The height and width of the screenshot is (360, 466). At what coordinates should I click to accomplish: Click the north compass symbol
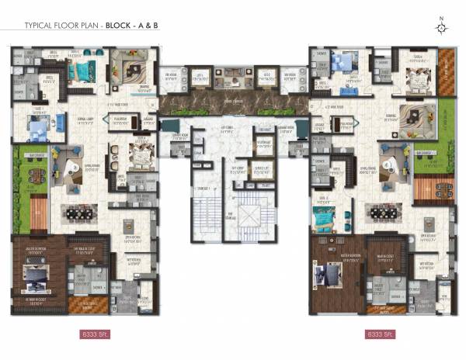tap(441, 28)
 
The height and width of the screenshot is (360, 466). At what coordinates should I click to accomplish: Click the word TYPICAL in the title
tap(40, 25)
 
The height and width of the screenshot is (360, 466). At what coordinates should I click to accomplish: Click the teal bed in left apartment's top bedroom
tap(79, 71)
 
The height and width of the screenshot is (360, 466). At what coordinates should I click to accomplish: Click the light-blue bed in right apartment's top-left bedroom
tap(343, 63)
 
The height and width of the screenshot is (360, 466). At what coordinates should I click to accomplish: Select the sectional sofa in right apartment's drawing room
tap(419, 112)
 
